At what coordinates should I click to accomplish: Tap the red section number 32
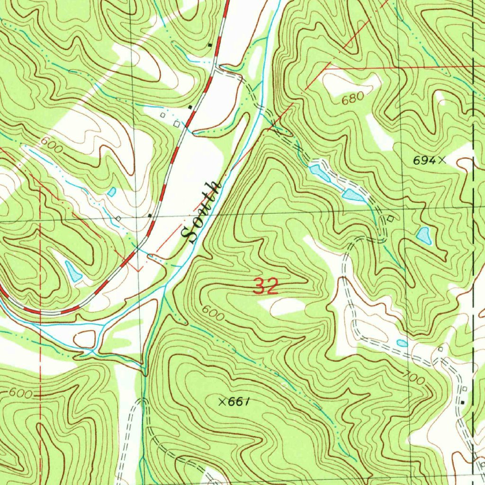[265, 287]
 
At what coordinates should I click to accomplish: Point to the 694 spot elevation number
[424, 161]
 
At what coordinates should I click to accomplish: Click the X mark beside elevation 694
[442, 161]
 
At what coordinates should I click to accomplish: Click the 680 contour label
[353, 98]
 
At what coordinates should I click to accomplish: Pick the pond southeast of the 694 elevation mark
[424, 235]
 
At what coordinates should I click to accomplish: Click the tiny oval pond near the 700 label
[402, 343]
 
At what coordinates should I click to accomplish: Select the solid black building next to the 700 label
[463, 402]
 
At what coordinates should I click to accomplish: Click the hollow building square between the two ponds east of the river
[390, 218]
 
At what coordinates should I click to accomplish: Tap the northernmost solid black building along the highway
[210, 45]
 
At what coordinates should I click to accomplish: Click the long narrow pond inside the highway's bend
[73, 271]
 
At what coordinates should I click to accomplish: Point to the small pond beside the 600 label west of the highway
[111, 192]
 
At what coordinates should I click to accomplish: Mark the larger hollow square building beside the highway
[176, 124]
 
